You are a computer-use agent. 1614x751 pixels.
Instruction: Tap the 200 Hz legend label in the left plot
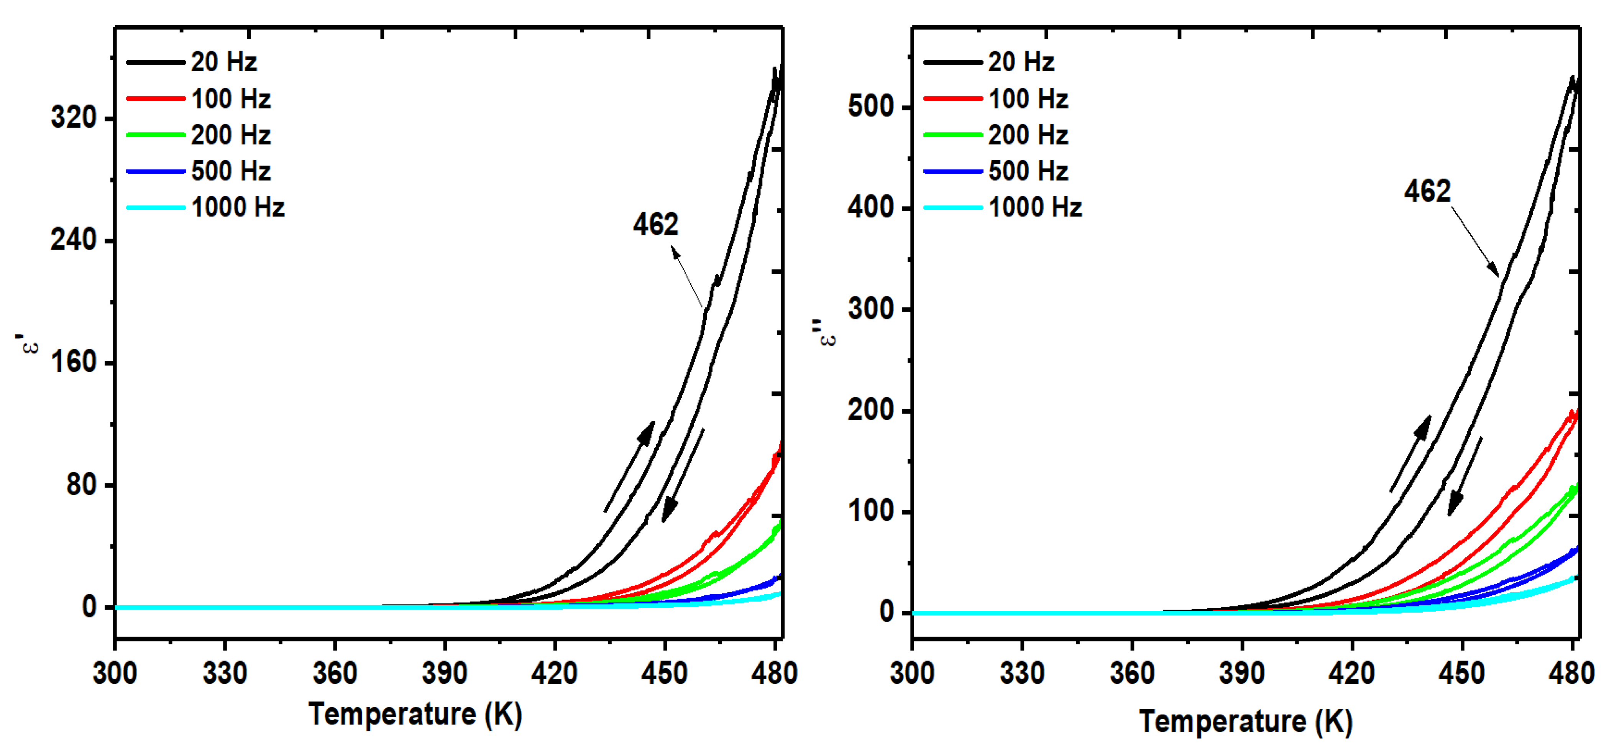[x=231, y=135]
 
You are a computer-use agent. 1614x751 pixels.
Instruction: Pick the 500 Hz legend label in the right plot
[x=1028, y=171]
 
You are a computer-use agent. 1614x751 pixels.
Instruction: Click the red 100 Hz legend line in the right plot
[x=953, y=99]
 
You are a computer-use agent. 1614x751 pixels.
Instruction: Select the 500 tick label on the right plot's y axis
[x=870, y=107]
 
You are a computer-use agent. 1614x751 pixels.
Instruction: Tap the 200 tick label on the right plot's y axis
[x=870, y=411]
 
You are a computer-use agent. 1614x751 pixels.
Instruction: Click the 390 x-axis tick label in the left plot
[x=444, y=673]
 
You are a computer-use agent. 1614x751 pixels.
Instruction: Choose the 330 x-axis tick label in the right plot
[x=1022, y=673]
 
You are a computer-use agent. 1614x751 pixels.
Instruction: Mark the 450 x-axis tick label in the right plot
[x=1462, y=673]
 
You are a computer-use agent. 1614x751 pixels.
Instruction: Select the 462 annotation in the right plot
[x=1427, y=191]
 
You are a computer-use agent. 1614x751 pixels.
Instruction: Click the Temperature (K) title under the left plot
[x=415, y=715]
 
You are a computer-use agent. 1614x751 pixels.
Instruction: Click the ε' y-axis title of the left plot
[x=29, y=343]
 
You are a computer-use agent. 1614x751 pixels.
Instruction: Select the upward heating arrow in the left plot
[x=630, y=467]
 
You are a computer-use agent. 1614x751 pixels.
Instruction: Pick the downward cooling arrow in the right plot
[x=1465, y=477]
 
